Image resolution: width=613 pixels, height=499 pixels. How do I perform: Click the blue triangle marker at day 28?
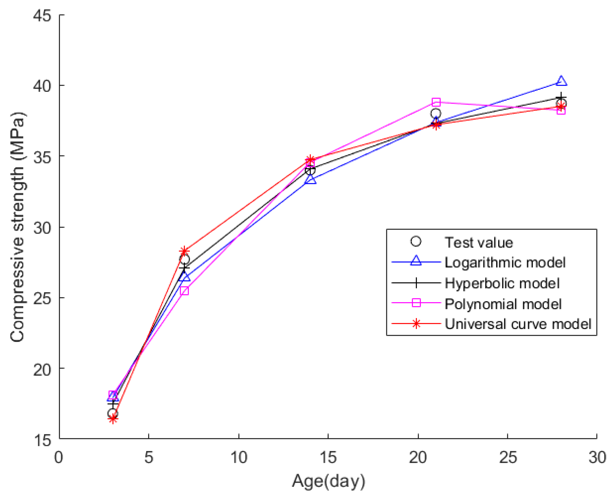pyautogui.click(x=561, y=81)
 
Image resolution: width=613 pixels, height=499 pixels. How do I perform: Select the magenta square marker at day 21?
pyautogui.click(x=436, y=102)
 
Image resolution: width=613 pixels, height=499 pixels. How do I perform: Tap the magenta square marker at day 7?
pyautogui.click(x=184, y=291)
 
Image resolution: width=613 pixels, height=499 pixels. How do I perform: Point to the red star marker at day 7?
pyautogui.click(x=184, y=251)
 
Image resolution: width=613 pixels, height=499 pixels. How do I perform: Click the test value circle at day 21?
pyautogui.click(x=436, y=113)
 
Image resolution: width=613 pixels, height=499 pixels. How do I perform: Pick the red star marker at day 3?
pyautogui.click(x=113, y=419)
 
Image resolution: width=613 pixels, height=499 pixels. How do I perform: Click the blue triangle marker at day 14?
pyautogui.click(x=310, y=180)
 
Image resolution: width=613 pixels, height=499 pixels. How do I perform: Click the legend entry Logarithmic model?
pyautogui.click(x=505, y=263)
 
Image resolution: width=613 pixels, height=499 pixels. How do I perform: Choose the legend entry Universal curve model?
pyautogui.click(x=518, y=324)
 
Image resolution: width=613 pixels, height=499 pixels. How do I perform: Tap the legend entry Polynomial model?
pyautogui.click(x=503, y=304)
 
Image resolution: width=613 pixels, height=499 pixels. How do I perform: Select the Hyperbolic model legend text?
pyautogui.click(x=502, y=283)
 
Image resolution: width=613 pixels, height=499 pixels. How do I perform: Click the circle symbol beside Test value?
pyautogui.click(x=416, y=241)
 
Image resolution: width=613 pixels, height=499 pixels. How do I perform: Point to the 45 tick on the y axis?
pyautogui.click(x=42, y=15)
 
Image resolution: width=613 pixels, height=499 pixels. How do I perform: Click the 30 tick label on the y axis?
pyautogui.click(x=42, y=227)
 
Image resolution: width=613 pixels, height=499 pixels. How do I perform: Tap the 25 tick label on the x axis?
pyautogui.click(x=508, y=458)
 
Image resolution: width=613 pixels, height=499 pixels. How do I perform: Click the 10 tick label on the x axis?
pyautogui.click(x=239, y=458)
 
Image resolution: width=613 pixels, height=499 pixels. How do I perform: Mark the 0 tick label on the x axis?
pyautogui.click(x=59, y=458)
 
